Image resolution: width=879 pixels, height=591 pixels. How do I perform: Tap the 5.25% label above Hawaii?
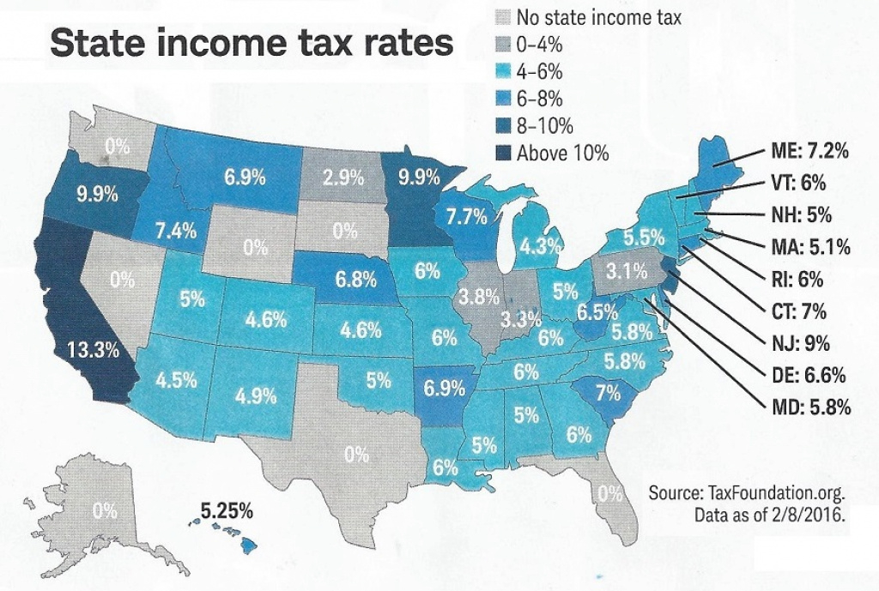click(x=227, y=511)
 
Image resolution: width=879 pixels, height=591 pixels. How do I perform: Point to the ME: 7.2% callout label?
click(x=806, y=153)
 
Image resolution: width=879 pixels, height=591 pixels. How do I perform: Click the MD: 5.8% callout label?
click(x=805, y=407)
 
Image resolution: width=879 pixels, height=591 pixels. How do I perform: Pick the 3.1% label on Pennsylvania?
click(x=625, y=274)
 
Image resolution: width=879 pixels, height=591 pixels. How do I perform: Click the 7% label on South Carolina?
click(x=608, y=395)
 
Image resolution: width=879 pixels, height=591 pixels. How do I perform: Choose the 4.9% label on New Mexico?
click(x=255, y=396)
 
